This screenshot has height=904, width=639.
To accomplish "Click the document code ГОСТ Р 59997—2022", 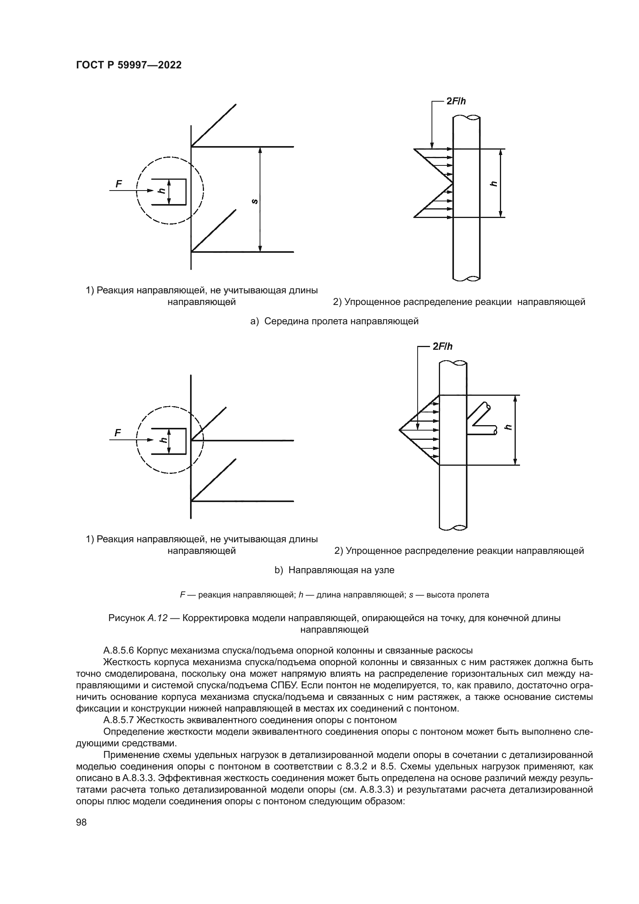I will (x=129, y=65).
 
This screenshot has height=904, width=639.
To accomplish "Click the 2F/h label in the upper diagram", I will (x=455, y=101).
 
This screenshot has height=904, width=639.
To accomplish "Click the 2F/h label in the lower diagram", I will (x=442, y=346).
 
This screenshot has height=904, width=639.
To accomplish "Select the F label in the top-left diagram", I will (x=119, y=184).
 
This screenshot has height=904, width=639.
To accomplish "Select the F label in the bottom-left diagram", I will (x=118, y=433).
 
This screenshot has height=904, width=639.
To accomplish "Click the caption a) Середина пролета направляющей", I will (x=335, y=321).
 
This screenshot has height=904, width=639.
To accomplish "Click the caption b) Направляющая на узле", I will (x=335, y=570).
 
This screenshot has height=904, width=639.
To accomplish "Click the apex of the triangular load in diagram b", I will (x=400, y=429).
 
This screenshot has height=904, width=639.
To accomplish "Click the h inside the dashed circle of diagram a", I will (x=161, y=191).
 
